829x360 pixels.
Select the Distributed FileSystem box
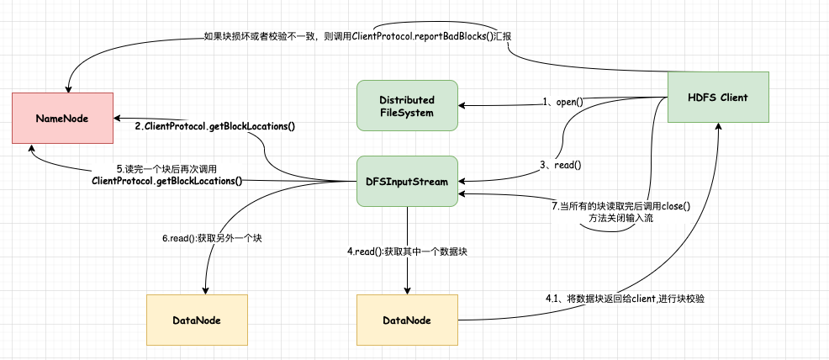pos(407,105)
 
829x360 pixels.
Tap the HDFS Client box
pos(718,97)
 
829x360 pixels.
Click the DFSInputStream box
pos(407,181)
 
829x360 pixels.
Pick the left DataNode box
pos(197,320)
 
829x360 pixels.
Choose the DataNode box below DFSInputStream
pos(407,320)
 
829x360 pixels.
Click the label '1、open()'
pos(562,102)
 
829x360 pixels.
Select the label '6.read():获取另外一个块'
pos(213,238)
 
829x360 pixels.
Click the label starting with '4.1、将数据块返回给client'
pos(624,299)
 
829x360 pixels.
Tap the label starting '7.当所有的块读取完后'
pos(620,212)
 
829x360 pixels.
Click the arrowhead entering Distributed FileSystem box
pos(462,105)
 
